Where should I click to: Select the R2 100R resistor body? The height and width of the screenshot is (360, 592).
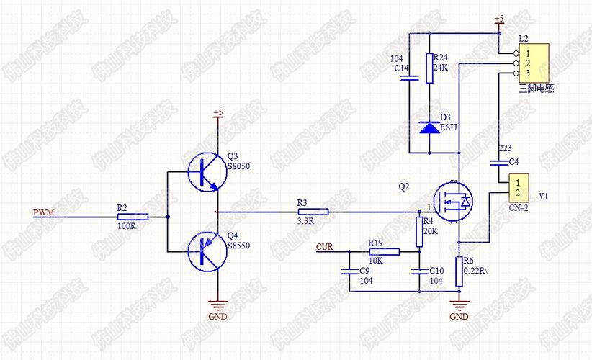point(132,216)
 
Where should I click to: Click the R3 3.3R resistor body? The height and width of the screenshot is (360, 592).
point(313,212)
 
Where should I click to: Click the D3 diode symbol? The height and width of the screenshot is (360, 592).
point(429,127)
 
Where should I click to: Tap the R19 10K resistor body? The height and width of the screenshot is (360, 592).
point(383,251)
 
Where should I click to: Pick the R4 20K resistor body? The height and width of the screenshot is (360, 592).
point(418,230)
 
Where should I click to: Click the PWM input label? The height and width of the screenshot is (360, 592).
point(43,212)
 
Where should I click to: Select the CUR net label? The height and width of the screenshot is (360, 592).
point(325,248)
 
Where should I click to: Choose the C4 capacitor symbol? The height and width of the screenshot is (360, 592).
point(499,161)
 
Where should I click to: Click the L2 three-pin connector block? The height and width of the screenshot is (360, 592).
point(534,63)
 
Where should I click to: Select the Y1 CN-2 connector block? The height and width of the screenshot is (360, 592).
point(518,188)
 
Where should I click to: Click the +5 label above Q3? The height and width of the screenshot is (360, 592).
point(218,113)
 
